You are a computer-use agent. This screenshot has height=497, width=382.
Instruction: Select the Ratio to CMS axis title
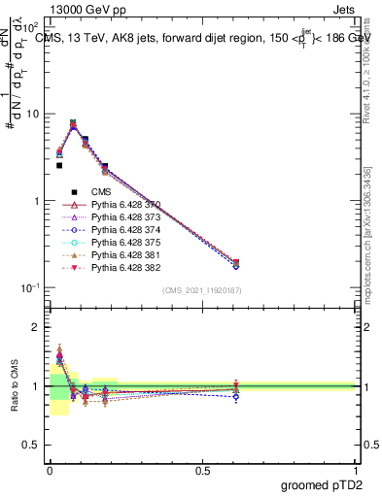click(13, 386)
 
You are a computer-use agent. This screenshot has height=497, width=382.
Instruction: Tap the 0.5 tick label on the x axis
click(202, 470)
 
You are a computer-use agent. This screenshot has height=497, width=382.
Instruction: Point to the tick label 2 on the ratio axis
click(35, 327)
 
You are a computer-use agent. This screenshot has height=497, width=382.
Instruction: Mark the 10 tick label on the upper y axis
click(31, 114)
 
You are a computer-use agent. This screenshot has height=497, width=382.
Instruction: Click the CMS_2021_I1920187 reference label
click(202, 290)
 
